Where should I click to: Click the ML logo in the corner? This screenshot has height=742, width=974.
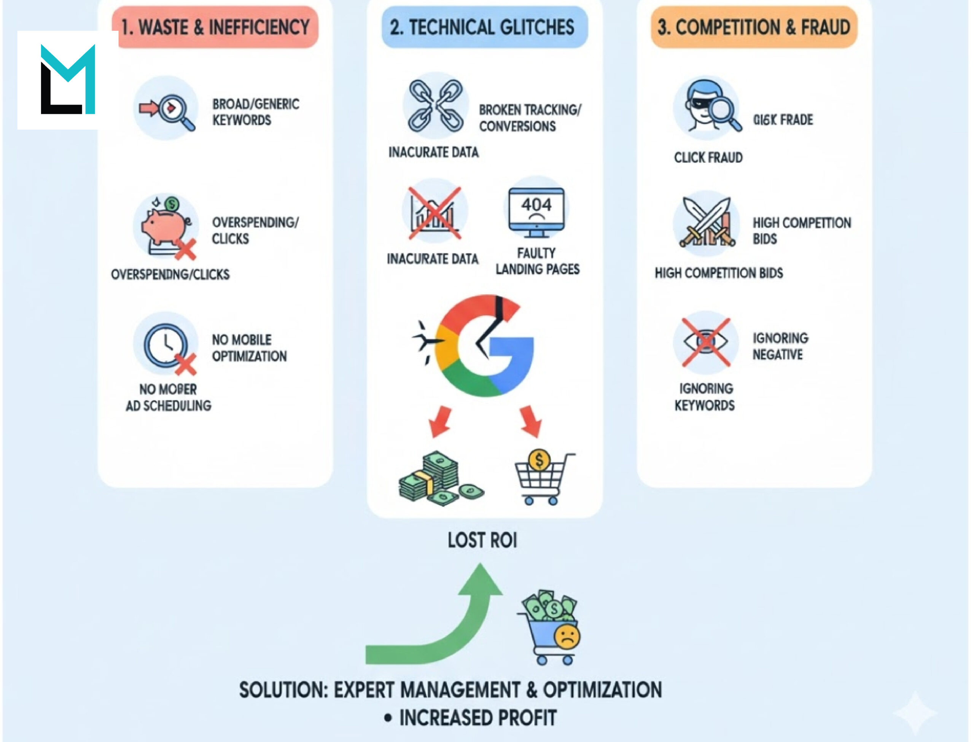68,80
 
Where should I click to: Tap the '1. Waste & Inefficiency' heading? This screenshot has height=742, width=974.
215,27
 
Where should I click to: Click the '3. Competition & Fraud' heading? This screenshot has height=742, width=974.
754,27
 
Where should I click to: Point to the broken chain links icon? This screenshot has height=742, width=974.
436,106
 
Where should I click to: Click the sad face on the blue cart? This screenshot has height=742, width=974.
567,636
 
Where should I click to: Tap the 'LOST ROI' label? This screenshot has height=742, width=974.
482,540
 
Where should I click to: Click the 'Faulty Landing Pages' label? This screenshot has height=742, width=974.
537,261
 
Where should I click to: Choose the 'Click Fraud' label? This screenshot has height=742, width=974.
708,158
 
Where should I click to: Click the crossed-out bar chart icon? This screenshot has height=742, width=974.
434,213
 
